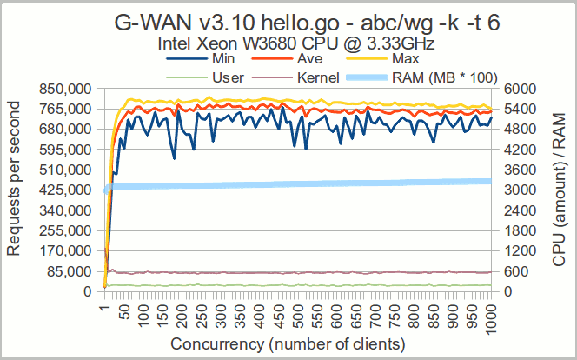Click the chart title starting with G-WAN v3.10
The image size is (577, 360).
point(288,22)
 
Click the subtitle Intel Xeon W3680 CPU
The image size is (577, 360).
point(288,43)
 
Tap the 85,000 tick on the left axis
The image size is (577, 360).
point(69,271)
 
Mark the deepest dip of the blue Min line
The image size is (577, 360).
point(175,157)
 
